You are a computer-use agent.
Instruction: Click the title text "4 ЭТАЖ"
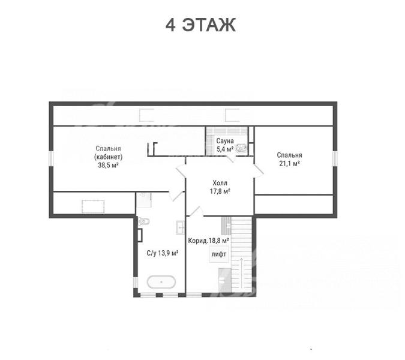point(200,25)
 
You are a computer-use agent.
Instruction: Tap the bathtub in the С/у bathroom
point(161,282)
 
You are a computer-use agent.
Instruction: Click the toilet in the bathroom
point(144,221)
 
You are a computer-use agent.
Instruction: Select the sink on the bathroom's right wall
point(181,227)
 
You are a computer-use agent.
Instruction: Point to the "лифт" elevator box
point(219,254)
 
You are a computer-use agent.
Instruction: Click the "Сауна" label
point(225,141)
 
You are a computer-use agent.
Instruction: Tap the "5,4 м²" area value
point(225,149)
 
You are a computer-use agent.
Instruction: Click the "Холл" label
point(220,183)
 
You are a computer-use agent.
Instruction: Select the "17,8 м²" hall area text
point(220,191)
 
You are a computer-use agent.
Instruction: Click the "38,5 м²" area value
point(108,165)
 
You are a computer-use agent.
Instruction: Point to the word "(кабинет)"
point(108,157)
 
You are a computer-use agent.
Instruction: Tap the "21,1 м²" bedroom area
point(290,163)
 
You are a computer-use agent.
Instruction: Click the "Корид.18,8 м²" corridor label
point(209,241)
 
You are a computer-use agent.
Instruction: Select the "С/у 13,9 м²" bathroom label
point(163,253)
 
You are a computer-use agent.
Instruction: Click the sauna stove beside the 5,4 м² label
point(241,148)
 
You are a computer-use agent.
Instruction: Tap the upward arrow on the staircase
point(241,273)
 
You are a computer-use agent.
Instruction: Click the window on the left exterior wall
point(51,158)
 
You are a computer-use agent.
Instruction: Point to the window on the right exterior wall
point(335,158)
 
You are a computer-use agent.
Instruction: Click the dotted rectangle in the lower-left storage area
point(93,206)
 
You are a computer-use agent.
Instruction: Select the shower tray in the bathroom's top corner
point(144,200)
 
